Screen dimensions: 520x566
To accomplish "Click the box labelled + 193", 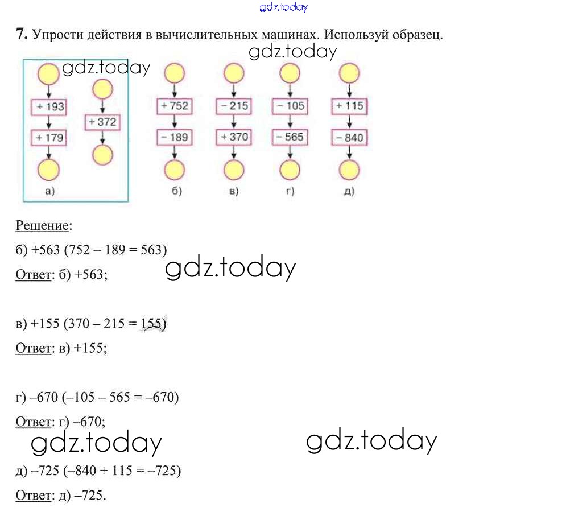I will tap(48, 106).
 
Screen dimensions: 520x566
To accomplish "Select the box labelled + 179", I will tap(48, 137).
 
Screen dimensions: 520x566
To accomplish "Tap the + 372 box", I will tap(102, 122).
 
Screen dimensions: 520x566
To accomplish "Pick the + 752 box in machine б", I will tap(175, 106).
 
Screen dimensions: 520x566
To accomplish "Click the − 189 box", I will tap(175, 137).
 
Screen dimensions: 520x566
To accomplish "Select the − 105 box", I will tap(291, 106).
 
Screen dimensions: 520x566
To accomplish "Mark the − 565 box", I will tap(291, 137).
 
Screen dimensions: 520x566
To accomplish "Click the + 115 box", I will tap(349, 106).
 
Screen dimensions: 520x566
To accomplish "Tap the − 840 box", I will tap(349, 137).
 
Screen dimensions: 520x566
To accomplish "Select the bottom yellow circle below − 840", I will tap(349, 169).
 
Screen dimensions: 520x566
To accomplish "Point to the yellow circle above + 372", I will tap(102, 89).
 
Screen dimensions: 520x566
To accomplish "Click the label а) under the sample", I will tap(49, 191).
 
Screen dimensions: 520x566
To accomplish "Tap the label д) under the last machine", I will tap(349, 191).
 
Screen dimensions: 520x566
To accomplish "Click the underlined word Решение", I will tap(42, 226).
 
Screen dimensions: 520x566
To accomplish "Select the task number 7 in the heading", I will tap(21, 35).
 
